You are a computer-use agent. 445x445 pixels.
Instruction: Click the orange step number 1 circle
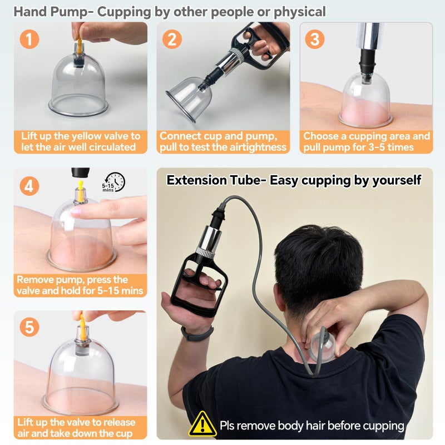[x=29, y=39]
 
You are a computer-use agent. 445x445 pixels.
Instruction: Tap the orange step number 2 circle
[x=172, y=39]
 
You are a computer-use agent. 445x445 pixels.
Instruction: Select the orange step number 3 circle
[x=315, y=39]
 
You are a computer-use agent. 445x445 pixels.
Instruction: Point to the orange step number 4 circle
[x=29, y=186]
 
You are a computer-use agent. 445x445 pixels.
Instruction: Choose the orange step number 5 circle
[x=29, y=327]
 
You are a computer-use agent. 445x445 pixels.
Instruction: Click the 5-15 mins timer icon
[x=114, y=182]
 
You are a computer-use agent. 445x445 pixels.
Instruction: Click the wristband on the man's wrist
[x=197, y=333]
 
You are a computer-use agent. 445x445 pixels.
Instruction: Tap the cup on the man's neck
[x=324, y=344]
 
